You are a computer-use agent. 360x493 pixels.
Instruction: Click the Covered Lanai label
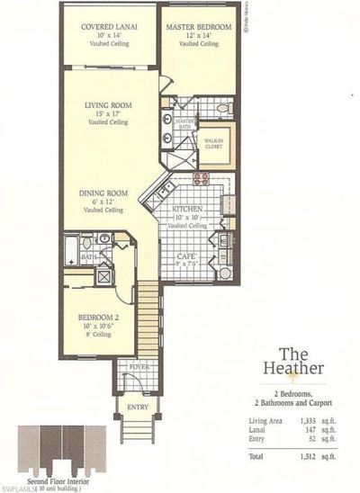109,27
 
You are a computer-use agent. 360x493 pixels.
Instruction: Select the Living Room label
109,105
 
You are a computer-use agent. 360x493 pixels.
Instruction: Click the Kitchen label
189,210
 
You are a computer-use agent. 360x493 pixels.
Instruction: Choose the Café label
186,256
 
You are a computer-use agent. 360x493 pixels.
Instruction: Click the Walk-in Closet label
212,142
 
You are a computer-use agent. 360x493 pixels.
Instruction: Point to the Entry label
139,407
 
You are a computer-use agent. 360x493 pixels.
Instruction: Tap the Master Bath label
185,122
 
